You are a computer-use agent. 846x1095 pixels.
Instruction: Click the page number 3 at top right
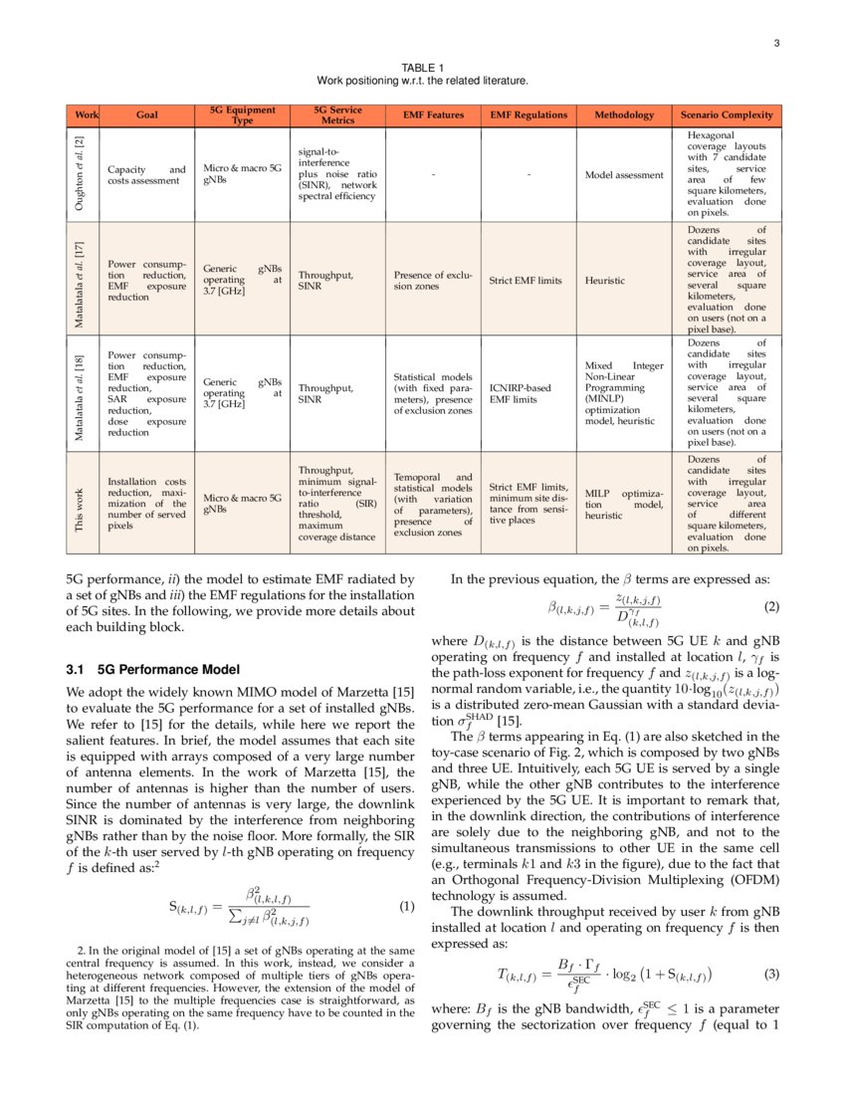pyautogui.click(x=776, y=42)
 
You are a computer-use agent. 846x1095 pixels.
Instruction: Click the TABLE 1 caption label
pyautogui.click(x=422, y=68)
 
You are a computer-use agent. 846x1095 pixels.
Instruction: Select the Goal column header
pyautogui.click(x=146, y=115)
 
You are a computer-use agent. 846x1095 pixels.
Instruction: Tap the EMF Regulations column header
pyautogui.click(x=529, y=115)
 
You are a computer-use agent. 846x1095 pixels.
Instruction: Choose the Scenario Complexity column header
pyautogui.click(x=727, y=115)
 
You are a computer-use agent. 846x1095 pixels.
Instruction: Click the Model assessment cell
pyautogui.click(x=623, y=175)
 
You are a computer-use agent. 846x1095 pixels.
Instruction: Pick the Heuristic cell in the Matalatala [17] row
pyautogui.click(x=605, y=282)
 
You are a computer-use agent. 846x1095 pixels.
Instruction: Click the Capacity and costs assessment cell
pyautogui.click(x=146, y=175)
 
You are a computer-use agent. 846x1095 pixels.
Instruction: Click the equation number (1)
pyautogui.click(x=406, y=906)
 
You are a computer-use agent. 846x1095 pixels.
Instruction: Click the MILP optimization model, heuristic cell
pyautogui.click(x=623, y=504)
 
